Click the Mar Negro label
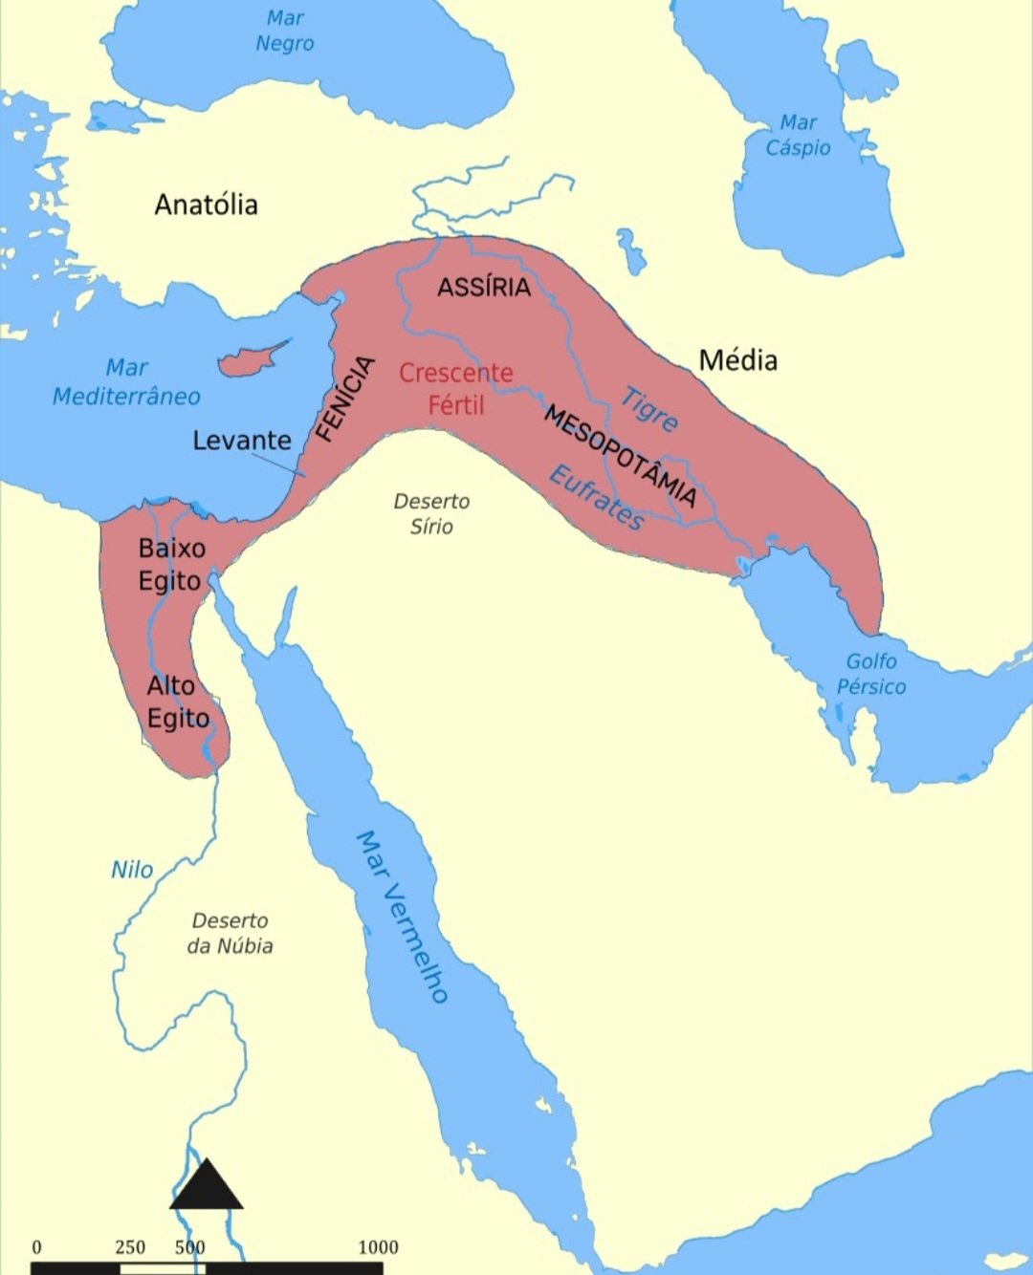[x=284, y=31]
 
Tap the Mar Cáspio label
[x=798, y=135]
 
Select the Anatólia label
[x=206, y=205]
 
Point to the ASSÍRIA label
[x=483, y=287]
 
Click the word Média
[x=737, y=360]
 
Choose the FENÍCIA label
[x=344, y=399]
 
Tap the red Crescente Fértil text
[x=455, y=388]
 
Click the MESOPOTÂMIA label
[x=620, y=455]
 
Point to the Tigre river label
[x=649, y=408]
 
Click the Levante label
[x=242, y=441]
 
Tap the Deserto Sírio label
[x=431, y=513]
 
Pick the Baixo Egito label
[x=171, y=565]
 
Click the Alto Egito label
[x=177, y=702]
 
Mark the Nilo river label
[x=132, y=870]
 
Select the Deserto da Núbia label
[x=230, y=933]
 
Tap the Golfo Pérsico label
[x=870, y=674]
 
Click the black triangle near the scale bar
[x=207, y=1187]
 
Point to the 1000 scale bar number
[x=378, y=1247]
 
